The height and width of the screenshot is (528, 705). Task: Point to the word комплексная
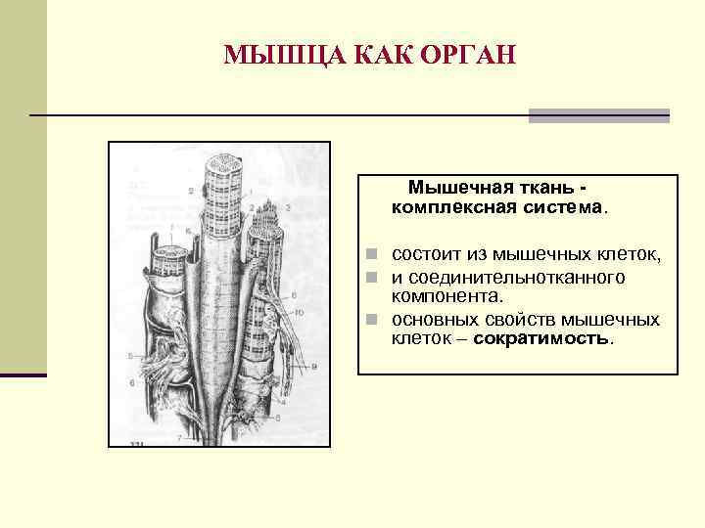click(x=455, y=207)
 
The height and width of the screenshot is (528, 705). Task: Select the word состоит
click(x=427, y=255)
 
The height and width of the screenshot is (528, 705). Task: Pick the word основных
click(x=437, y=320)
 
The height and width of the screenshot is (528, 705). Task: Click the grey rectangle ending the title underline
click(x=599, y=115)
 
